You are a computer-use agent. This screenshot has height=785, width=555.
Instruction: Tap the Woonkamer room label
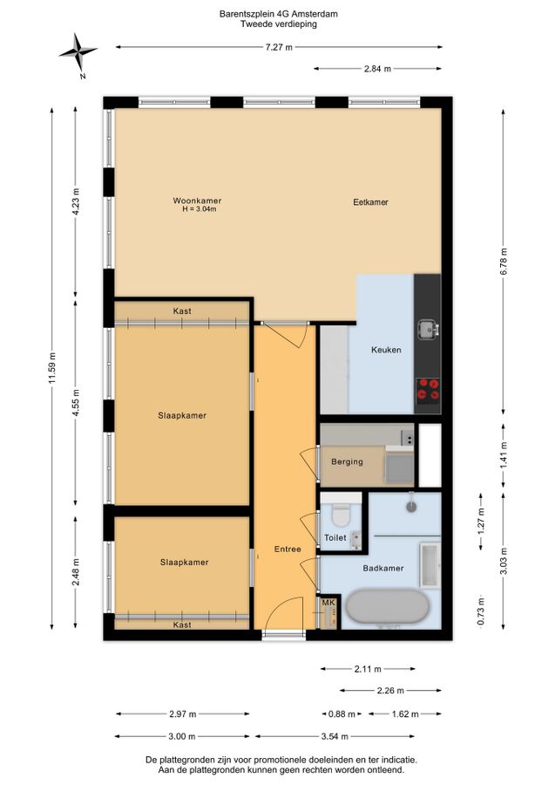(x=197, y=201)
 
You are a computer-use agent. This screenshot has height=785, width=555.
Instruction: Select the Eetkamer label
(x=370, y=202)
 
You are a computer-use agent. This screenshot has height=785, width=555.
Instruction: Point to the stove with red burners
(x=428, y=391)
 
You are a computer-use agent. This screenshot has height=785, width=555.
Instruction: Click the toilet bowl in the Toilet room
(x=342, y=515)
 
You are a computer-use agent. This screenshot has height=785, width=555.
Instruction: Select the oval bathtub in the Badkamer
(x=388, y=607)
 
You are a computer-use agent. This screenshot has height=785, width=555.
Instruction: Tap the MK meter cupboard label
(x=328, y=602)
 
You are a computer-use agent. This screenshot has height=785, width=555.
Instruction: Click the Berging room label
(x=347, y=461)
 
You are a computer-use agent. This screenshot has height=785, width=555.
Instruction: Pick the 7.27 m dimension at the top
(x=279, y=47)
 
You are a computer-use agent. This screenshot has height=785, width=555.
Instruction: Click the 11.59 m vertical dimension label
(x=51, y=369)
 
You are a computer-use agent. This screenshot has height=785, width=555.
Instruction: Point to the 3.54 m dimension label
(x=334, y=736)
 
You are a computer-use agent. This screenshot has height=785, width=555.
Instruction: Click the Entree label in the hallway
(x=288, y=549)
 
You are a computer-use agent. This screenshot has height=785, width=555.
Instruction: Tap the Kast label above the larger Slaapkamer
(x=182, y=311)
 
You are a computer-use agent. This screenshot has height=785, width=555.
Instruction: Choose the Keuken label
(x=386, y=350)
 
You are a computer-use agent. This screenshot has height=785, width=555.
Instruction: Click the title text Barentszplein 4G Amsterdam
(x=279, y=14)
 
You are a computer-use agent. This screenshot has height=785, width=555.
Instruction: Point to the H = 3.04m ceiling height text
(x=200, y=209)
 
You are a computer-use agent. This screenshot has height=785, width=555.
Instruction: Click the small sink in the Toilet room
(x=356, y=538)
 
